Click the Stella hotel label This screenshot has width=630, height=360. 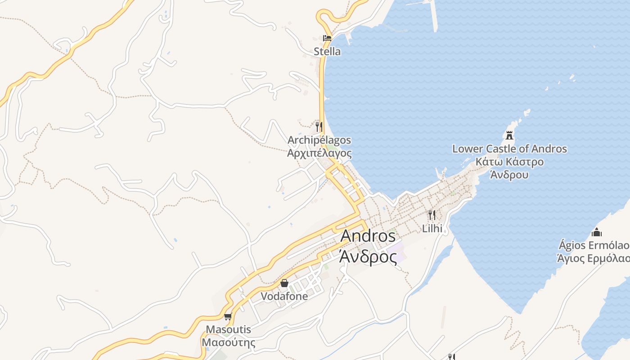327,51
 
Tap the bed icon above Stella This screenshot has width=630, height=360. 327,38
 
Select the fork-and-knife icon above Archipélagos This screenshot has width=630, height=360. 319,126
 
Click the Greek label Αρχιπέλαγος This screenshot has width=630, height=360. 319,153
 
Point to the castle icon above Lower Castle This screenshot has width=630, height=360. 509,135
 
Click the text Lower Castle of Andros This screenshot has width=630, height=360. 509,148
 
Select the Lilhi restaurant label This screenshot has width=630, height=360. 432,228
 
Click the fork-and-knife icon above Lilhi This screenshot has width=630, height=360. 432,215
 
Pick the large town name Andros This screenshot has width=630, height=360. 368,236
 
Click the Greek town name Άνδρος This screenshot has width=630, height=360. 368,257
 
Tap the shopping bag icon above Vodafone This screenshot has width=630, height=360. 284,283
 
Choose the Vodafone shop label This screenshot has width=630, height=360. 284,296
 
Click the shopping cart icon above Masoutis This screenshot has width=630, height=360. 228,316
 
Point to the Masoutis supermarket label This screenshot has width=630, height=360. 228,329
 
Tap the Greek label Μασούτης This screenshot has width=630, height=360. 228,342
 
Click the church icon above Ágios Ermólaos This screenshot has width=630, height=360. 597,232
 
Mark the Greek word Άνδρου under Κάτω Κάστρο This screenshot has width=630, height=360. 509,175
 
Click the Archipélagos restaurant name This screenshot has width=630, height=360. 319,140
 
